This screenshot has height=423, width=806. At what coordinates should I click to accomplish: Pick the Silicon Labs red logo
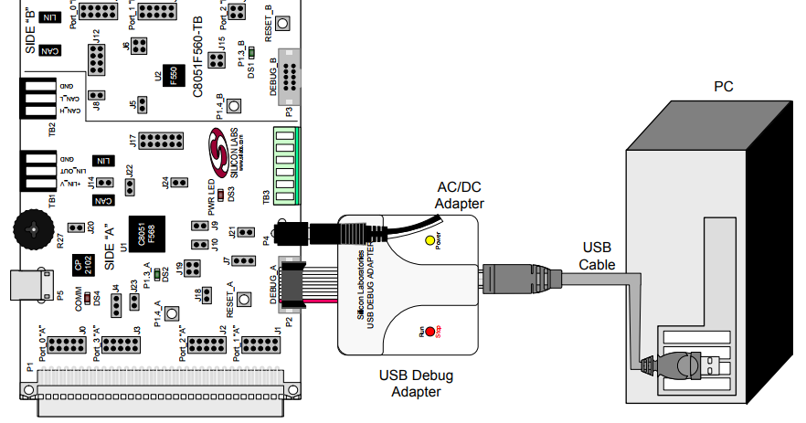pyautogui.click(x=219, y=152)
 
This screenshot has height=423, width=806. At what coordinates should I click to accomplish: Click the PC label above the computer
pyautogui.click(x=723, y=87)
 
